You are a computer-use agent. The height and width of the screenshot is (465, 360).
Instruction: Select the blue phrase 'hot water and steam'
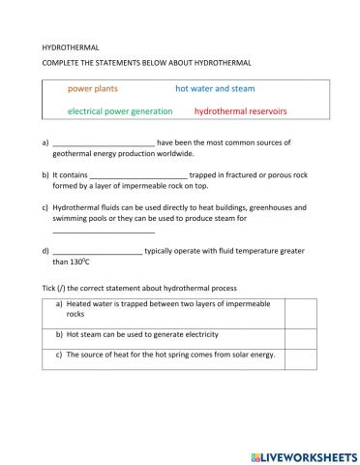coord(215,88)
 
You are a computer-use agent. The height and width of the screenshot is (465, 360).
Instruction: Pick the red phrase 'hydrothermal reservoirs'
coord(241,111)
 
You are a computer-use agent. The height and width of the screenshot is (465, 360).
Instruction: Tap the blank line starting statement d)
coord(98,252)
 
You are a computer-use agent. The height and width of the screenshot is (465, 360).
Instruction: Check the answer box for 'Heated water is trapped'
coord(300,309)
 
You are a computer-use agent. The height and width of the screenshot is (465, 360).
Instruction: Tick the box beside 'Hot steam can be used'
coord(300,335)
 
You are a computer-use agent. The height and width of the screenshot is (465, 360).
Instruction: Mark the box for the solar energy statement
coord(300,356)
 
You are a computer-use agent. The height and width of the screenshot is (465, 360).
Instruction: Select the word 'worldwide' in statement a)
coord(174,153)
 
